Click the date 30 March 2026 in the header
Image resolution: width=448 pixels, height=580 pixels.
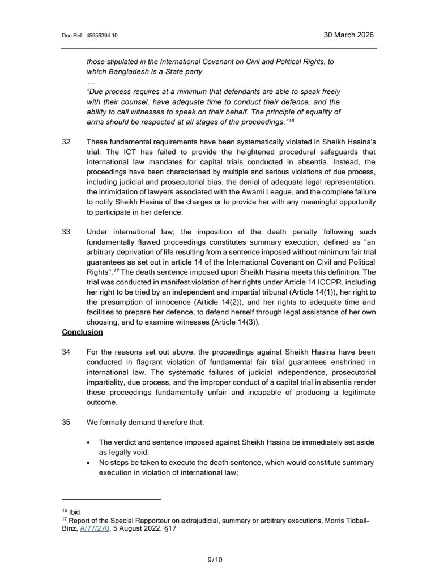tap(348, 35)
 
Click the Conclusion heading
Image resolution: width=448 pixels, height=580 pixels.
tap(82, 332)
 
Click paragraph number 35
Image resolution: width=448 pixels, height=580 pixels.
tap(66, 421)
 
